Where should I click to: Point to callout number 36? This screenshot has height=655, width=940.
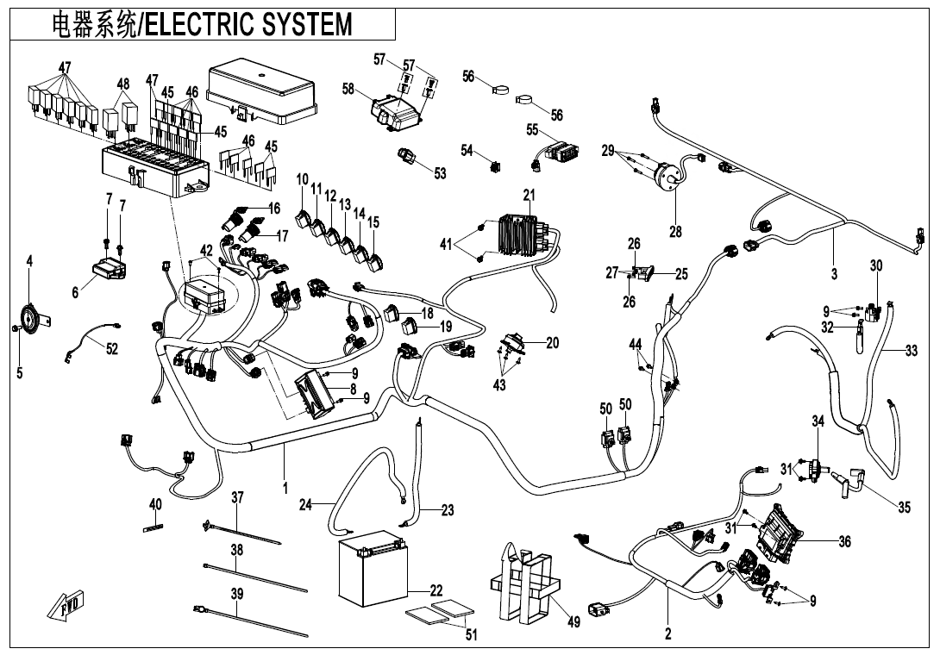(x=844, y=542)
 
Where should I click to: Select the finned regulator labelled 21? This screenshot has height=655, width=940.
(x=519, y=232)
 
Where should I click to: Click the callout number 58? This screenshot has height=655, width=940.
(x=348, y=89)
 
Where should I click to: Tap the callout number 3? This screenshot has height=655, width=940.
(x=834, y=274)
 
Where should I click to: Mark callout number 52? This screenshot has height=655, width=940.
(x=112, y=348)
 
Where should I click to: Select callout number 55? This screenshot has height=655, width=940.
(x=532, y=129)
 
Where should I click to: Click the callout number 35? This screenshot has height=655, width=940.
(x=904, y=508)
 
